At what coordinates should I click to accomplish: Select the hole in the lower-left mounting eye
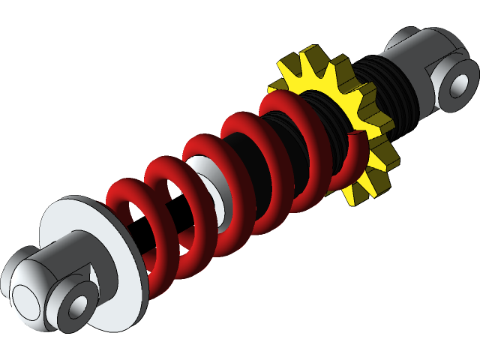click(78, 307)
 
